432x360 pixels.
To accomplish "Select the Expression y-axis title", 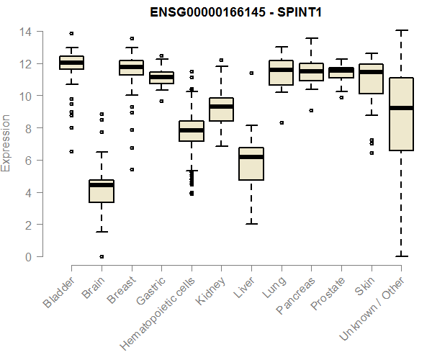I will click(6, 143).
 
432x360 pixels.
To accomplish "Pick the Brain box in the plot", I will click(102, 191).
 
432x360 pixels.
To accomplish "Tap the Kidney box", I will click(221, 109).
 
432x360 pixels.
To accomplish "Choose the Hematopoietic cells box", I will click(192, 130).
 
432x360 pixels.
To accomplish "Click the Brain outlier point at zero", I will click(102, 256).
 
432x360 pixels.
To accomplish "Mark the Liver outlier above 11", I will click(251, 73).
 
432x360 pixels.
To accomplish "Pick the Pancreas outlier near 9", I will click(311, 110).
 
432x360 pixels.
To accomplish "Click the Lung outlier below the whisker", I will click(281, 122).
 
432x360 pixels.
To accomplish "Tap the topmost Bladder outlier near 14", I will click(71, 33).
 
